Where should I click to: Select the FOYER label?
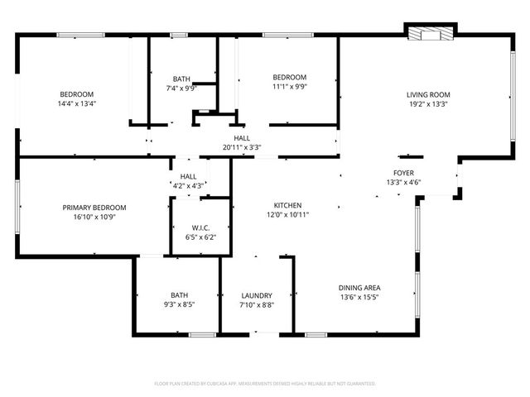click(x=403, y=173)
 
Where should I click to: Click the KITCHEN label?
click(x=288, y=205)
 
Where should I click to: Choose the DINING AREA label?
click(x=359, y=288)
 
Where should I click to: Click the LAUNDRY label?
click(x=257, y=295)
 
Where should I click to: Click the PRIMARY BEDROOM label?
click(x=94, y=208)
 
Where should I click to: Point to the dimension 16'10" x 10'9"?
click(x=94, y=217)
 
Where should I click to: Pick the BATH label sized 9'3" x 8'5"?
click(x=180, y=295)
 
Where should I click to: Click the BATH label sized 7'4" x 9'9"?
click(x=181, y=79)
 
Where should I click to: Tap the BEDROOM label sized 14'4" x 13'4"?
click(x=76, y=94)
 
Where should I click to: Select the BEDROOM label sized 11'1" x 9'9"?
click(x=290, y=77)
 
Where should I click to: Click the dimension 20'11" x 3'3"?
click(x=242, y=147)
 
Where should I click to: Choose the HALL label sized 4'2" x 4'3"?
click(x=189, y=176)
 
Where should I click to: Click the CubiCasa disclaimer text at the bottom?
click(x=265, y=384)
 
